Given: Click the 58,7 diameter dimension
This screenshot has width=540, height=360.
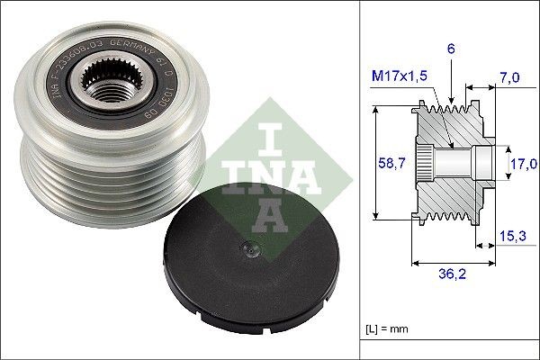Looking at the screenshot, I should point(387,163).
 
